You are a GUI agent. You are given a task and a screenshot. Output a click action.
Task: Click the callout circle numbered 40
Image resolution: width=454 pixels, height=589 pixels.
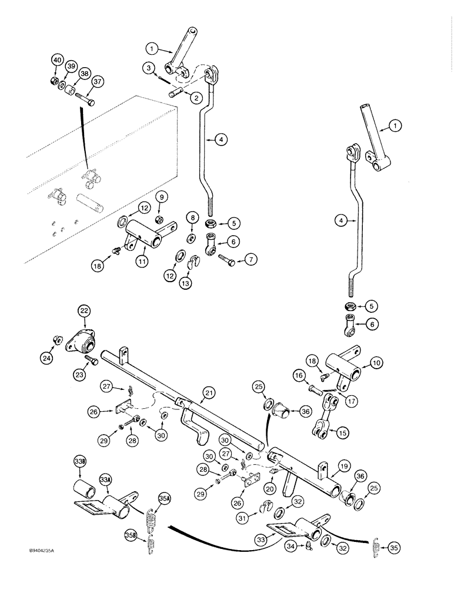coord(57,60)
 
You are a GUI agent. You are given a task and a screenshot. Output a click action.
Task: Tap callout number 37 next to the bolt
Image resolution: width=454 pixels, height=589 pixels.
coord(97,82)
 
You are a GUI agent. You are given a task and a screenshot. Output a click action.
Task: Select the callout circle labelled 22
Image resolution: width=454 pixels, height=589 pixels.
coord(85,312)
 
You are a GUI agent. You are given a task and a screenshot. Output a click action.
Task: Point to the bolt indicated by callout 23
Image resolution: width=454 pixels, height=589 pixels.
coord(91,359)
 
